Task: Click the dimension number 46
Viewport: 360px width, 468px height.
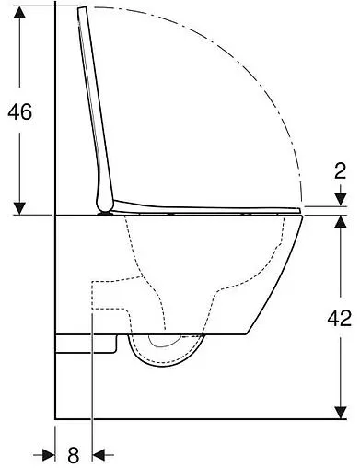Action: click(x=19, y=111)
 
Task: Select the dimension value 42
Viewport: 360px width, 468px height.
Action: click(x=341, y=318)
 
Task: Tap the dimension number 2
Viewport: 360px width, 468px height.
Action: click(x=340, y=170)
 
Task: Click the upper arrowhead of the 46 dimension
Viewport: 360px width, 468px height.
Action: click(x=19, y=11)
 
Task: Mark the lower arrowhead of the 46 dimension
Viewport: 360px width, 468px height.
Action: click(x=19, y=207)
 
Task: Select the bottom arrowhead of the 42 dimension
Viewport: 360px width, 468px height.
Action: click(x=341, y=410)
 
